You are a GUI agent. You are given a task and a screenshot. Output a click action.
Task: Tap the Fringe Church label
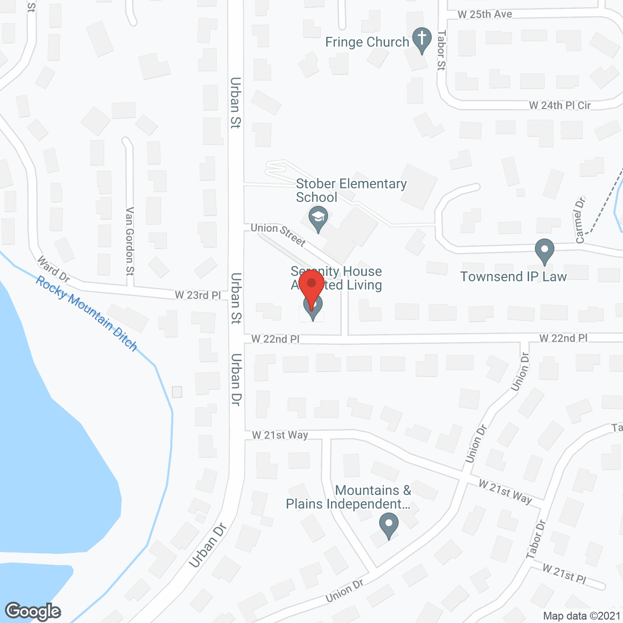367,42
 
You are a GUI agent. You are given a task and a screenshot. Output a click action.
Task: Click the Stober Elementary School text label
351,190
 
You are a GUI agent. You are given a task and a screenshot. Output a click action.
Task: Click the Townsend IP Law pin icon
545,251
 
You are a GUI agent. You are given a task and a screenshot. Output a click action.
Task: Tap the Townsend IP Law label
513,277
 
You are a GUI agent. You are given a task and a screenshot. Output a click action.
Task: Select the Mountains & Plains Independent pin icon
389,526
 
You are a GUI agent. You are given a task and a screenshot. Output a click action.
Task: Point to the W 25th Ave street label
485,15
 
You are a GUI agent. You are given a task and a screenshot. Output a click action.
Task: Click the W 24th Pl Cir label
560,106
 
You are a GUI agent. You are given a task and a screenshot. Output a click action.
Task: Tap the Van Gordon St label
129,241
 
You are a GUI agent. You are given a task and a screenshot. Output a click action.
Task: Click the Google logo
33,611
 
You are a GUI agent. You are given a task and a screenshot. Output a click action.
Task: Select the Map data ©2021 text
582,616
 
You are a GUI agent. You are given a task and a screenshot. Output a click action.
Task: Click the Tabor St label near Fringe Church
441,50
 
